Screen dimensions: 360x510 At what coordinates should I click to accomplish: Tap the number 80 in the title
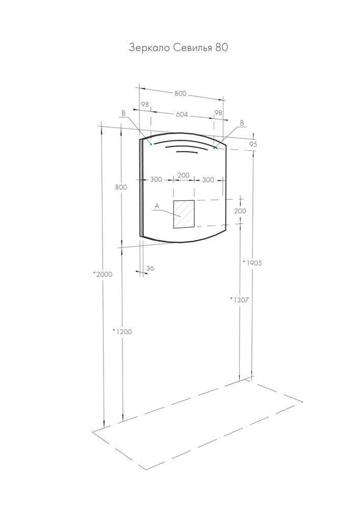[x=221, y=47]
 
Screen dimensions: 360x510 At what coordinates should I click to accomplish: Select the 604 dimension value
[x=182, y=114]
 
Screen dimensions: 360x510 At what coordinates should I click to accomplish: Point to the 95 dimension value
[x=253, y=144]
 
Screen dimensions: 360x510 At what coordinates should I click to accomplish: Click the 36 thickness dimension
[x=150, y=268]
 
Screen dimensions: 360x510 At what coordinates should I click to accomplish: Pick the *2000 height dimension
[x=102, y=274]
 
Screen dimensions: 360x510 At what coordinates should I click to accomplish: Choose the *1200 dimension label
[x=122, y=331]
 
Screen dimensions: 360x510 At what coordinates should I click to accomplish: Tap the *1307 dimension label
[x=239, y=300]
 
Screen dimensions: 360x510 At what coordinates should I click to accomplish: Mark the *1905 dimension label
[x=252, y=263]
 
